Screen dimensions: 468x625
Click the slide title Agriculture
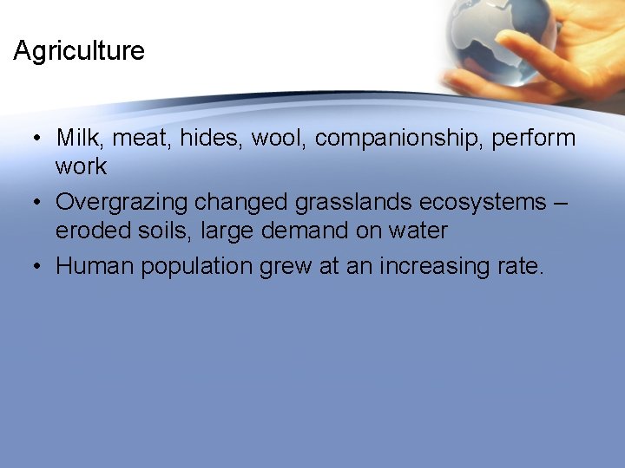pyautogui.click(x=79, y=51)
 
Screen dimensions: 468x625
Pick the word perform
pyautogui.click(x=535, y=139)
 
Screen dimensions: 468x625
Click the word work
pyautogui.click(x=81, y=166)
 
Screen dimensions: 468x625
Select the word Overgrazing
pyautogui.click(x=122, y=203)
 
